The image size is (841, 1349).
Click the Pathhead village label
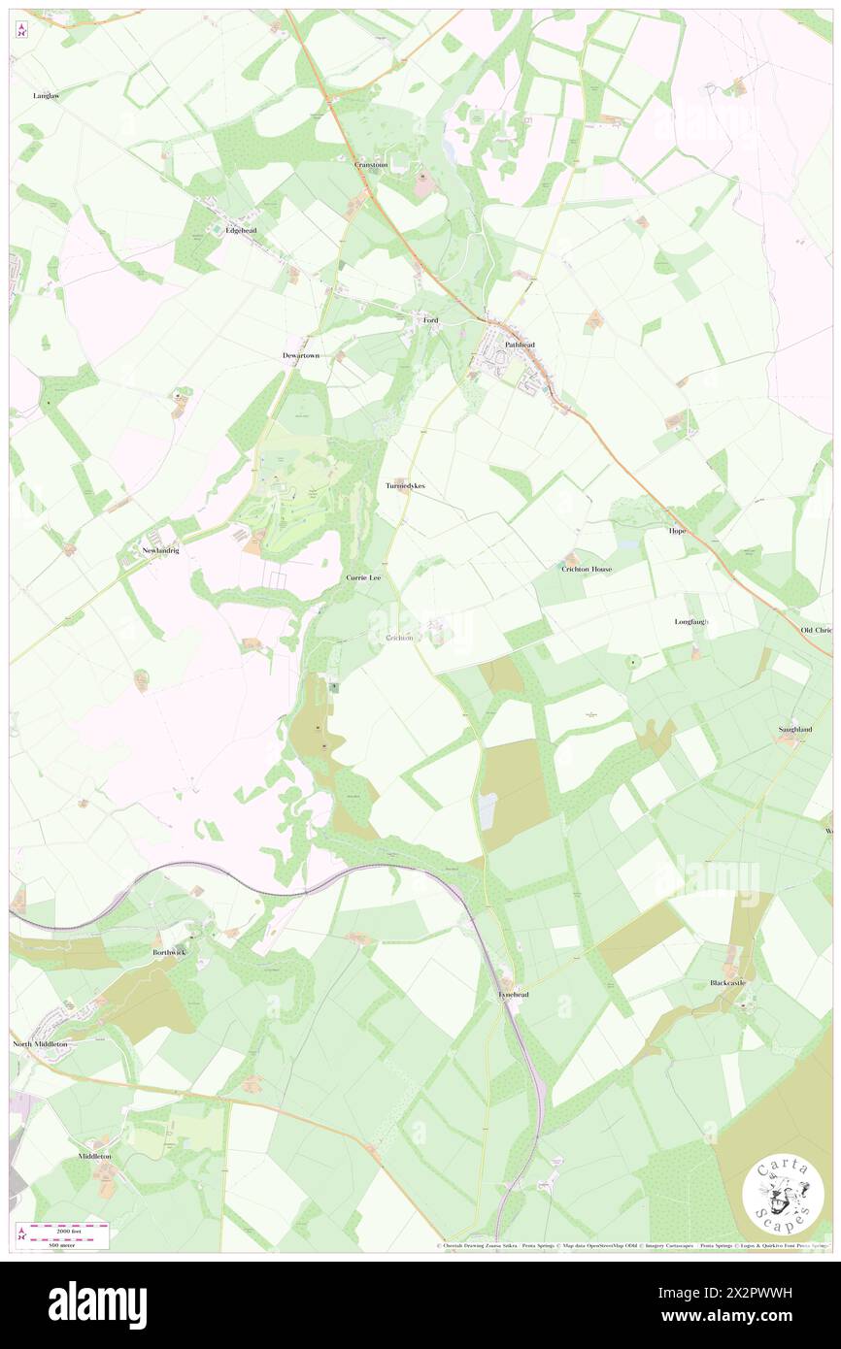519,345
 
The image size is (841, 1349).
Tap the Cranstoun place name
371,165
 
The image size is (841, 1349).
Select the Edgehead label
240,231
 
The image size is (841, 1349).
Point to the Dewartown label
301,356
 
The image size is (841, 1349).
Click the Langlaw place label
46,96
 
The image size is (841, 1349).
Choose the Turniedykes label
405,485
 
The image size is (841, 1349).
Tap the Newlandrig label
161,550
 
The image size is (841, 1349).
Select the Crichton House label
587,569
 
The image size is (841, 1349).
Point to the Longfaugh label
691,621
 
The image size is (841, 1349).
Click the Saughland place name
794,729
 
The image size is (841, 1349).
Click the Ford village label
431,320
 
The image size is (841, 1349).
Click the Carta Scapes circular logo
783,1196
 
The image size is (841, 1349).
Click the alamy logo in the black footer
97,1305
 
